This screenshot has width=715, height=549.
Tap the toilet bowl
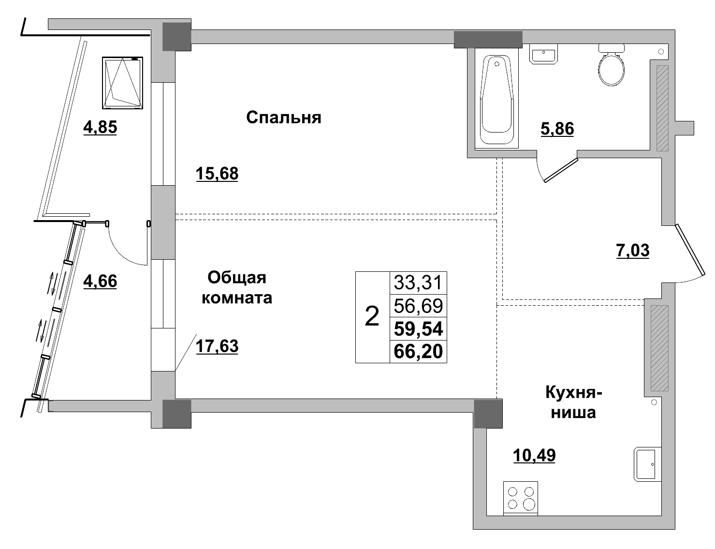tap(611, 67)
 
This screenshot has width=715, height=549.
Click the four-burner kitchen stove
tap(521, 498)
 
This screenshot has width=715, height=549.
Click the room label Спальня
tap(284, 118)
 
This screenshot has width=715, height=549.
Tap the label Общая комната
tap(237, 287)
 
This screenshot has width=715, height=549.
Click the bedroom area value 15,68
tap(217, 173)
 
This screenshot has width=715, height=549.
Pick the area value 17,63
tap(217, 346)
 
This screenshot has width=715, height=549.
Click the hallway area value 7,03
tap(633, 251)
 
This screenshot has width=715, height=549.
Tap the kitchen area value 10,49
tap(534, 455)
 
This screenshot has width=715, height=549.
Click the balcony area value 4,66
tap(100, 281)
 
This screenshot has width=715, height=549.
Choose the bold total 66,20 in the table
tap(418, 352)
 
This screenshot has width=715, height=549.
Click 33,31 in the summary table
tap(418, 282)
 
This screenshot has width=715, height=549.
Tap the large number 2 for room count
tap(372, 317)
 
